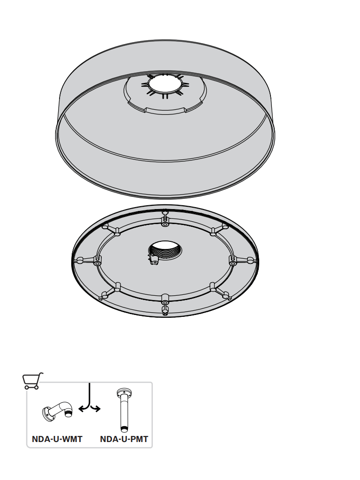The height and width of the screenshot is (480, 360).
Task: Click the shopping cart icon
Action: (x=32, y=381)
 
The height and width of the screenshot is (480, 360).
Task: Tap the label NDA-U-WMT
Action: (x=57, y=439)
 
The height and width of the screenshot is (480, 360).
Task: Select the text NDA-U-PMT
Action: (x=124, y=439)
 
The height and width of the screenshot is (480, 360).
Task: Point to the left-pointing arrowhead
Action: (x=81, y=408)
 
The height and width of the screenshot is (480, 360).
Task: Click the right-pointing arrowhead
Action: (x=97, y=408)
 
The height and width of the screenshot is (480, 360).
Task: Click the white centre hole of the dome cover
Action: (x=165, y=84)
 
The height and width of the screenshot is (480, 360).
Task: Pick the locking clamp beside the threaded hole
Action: (x=153, y=261)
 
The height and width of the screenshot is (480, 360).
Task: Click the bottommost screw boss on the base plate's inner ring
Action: (x=165, y=298)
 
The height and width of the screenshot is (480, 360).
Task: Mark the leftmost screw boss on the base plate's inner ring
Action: (x=97, y=263)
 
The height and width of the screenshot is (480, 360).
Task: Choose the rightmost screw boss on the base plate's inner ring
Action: (x=233, y=262)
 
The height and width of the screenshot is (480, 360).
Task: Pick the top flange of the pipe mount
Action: (x=124, y=391)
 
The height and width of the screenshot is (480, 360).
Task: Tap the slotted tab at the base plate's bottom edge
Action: (x=165, y=310)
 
